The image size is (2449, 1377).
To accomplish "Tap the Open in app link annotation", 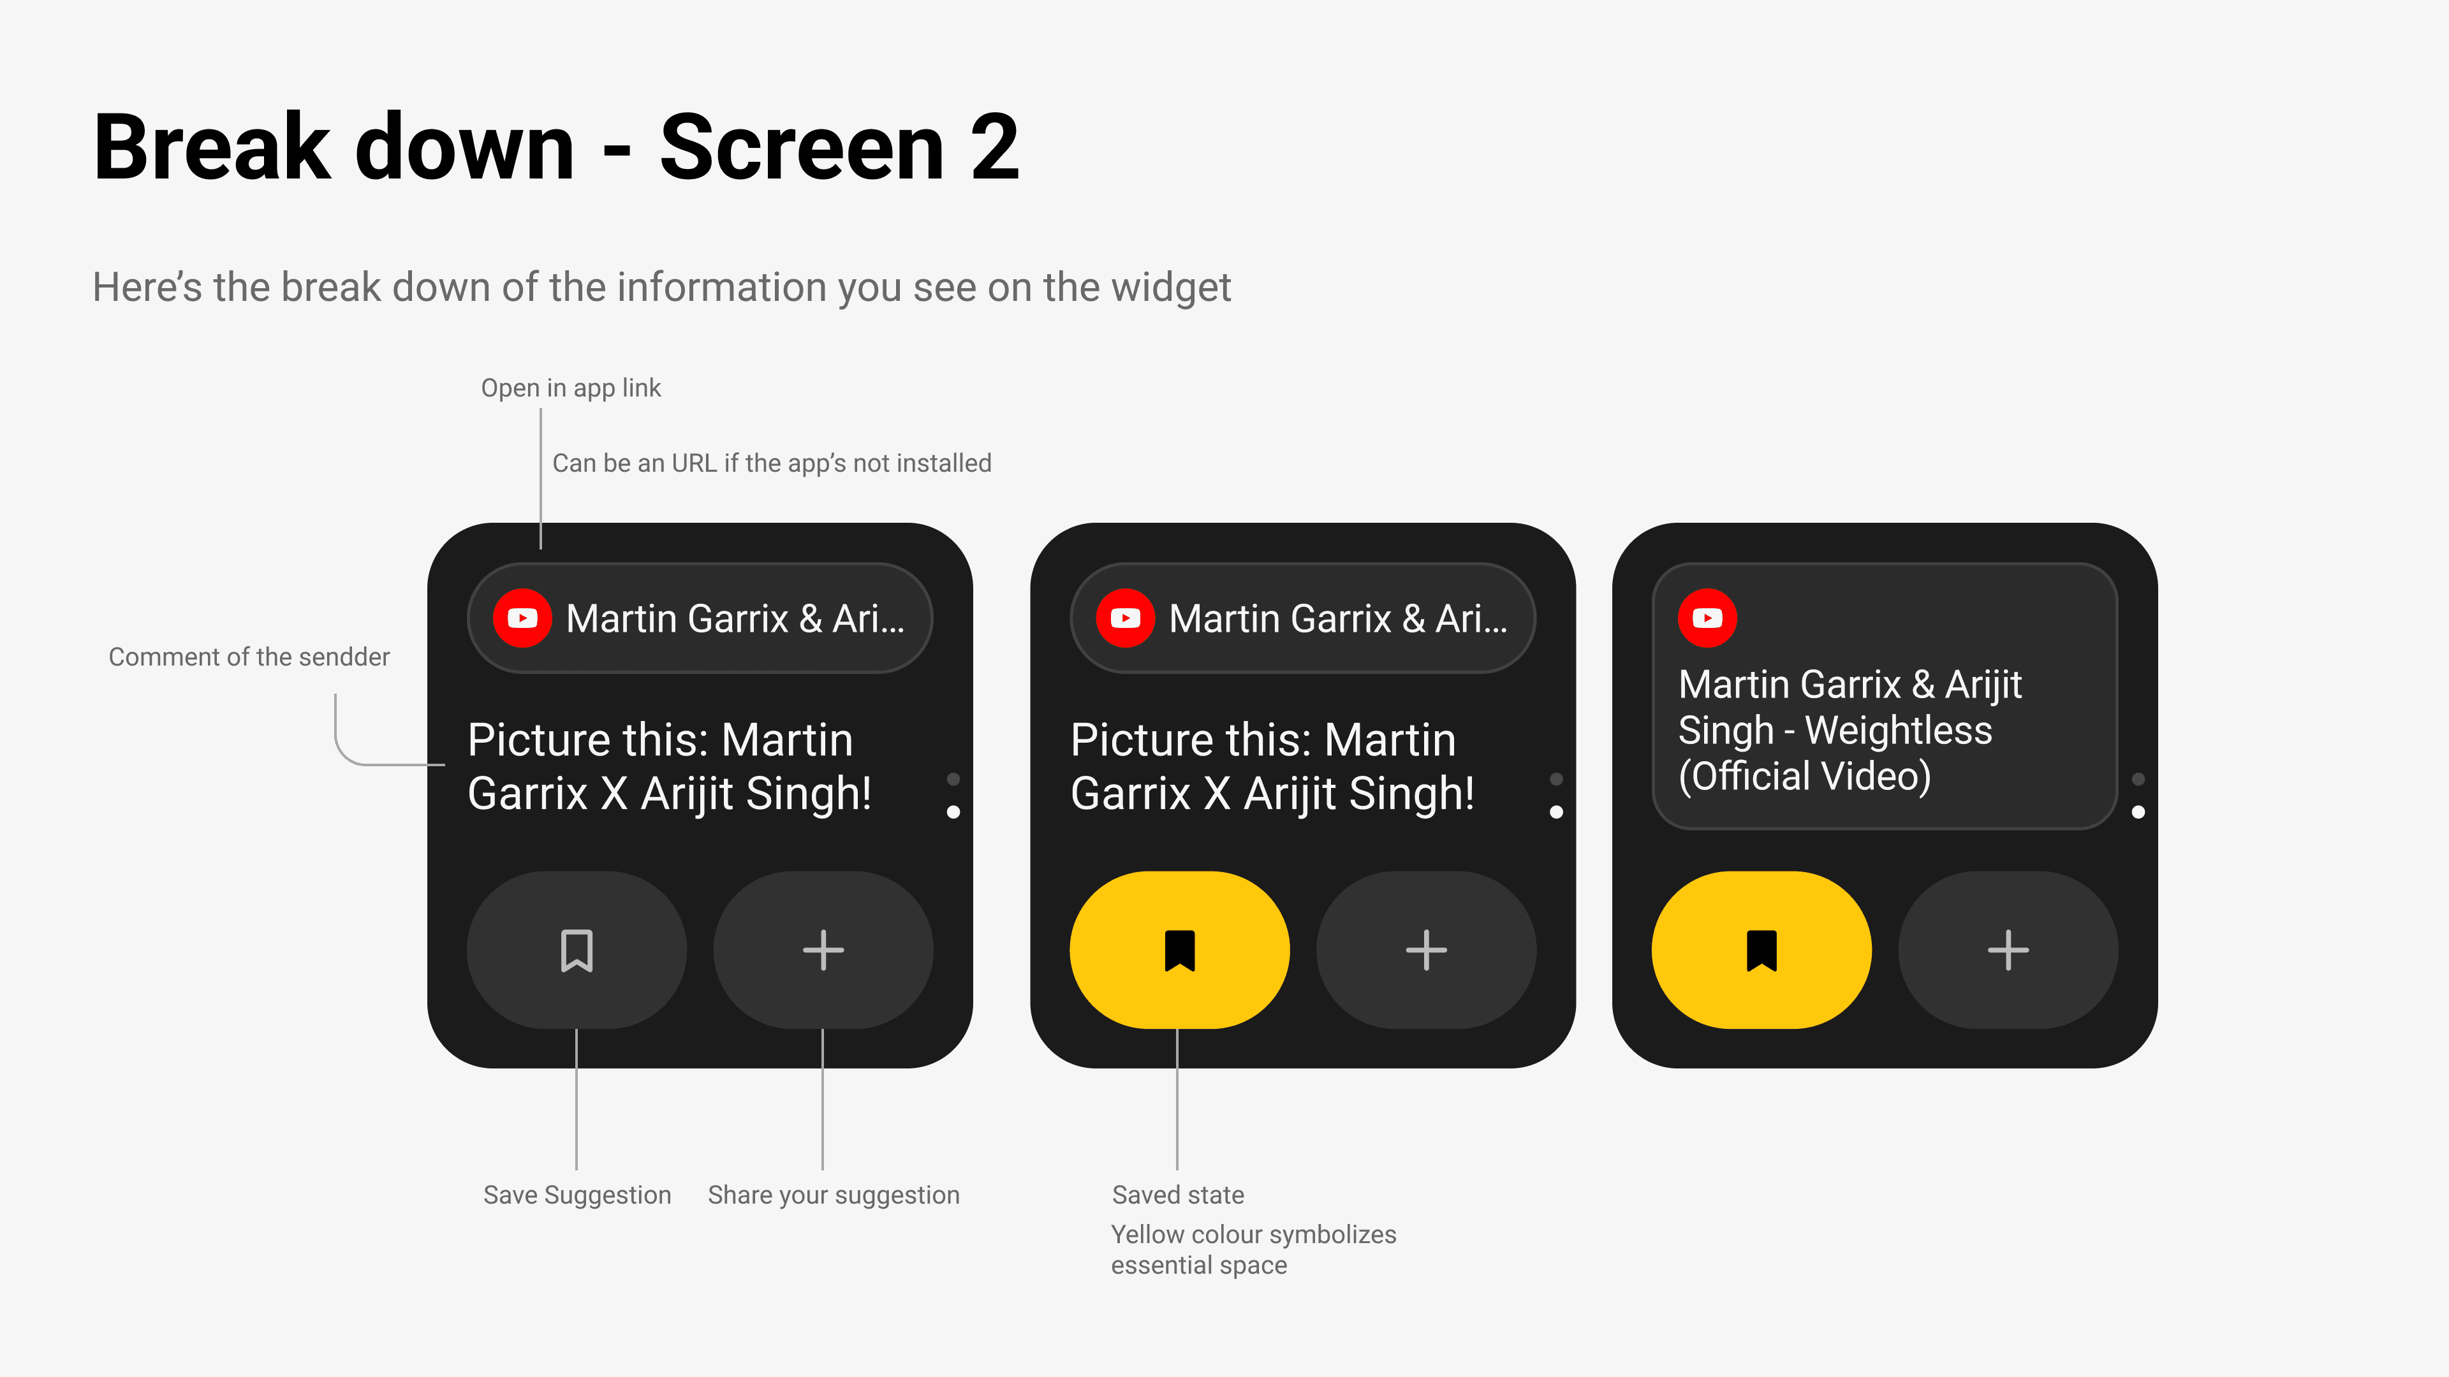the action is pyautogui.click(x=570, y=388).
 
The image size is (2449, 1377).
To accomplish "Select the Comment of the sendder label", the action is pyautogui.click(x=249, y=657).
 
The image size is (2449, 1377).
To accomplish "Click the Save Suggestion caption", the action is pyautogui.click(x=577, y=1195).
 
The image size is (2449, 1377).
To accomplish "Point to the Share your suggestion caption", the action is pyautogui.click(x=834, y=1195).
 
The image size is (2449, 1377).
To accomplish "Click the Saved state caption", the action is pyautogui.click(x=1178, y=1195).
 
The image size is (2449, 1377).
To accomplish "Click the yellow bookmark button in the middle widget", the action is pyautogui.click(x=1180, y=951).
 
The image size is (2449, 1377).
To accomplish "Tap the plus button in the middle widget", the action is pyautogui.click(x=1426, y=951).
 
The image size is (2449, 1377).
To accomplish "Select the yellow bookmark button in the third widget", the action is pyautogui.click(x=1761, y=951).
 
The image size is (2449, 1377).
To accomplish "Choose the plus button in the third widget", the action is pyautogui.click(x=2008, y=951).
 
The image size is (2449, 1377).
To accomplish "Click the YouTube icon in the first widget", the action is pyautogui.click(x=522, y=618).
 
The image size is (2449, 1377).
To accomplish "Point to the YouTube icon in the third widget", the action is pyautogui.click(x=1707, y=618).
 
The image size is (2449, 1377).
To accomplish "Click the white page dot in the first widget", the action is pyautogui.click(x=953, y=812).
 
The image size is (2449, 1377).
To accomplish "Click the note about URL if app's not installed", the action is pyautogui.click(x=772, y=463).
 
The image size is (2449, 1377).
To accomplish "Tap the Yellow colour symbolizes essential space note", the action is pyautogui.click(x=1254, y=1249).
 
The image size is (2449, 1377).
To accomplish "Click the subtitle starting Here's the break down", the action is pyautogui.click(x=662, y=287).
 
